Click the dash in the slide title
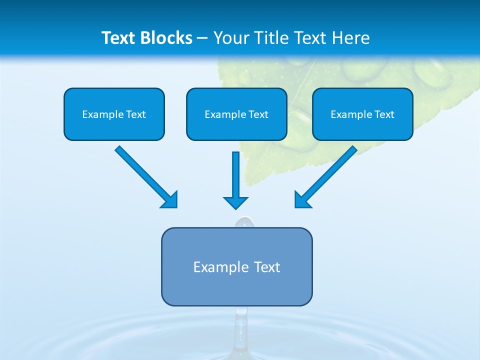[x=202, y=38]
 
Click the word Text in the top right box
[x=384, y=114]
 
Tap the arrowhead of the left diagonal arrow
[x=169, y=200]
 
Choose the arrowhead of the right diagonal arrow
[x=303, y=199]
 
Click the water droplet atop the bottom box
[x=244, y=222]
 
